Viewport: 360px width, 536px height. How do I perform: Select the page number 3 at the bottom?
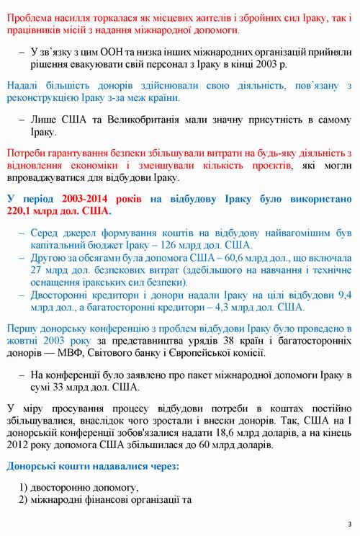point(349,523)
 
